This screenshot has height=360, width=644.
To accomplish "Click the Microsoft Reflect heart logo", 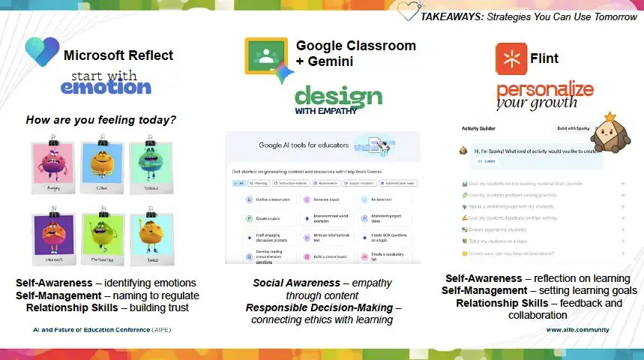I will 42,52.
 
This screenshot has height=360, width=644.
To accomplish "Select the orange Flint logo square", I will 510,58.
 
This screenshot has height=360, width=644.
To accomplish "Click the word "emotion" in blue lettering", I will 106,86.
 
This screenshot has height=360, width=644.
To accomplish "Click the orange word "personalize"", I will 544,91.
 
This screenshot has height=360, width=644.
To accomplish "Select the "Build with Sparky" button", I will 572,128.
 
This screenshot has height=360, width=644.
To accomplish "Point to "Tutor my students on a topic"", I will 510,241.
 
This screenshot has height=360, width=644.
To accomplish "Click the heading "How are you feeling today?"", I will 101,119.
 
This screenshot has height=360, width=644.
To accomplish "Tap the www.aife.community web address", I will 577,329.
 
